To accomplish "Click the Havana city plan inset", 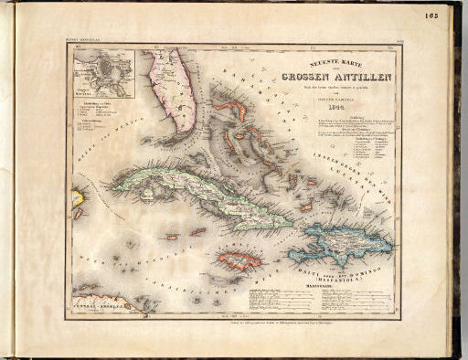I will pos(103,74).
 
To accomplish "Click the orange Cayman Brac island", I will pos(198,230).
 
